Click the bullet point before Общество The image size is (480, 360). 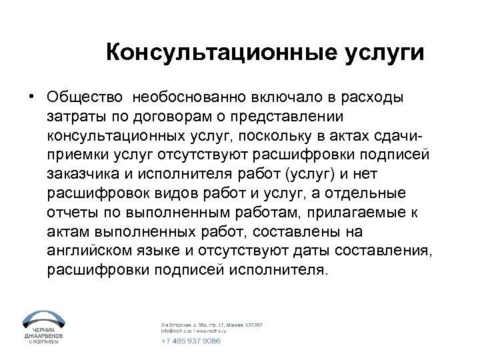tap(31, 97)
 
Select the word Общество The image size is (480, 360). tap(85, 97)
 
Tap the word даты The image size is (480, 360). tap(310, 252)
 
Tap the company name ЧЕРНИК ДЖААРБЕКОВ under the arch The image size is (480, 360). tap(42, 333)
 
